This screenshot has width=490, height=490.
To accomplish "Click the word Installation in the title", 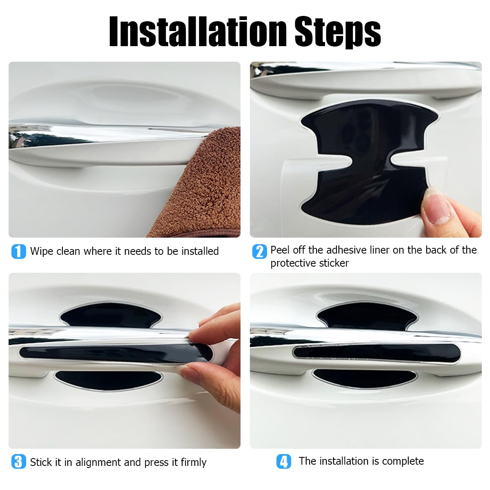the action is pyautogui.click(x=198, y=31).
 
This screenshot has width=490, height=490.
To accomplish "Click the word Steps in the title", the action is pyautogui.click(x=338, y=32).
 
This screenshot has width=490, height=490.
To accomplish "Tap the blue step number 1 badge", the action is pyautogui.click(x=19, y=251).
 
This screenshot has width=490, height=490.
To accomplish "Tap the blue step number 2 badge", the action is pyautogui.click(x=259, y=251).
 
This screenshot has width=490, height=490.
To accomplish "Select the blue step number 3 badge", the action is pyautogui.click(x=19, y=461).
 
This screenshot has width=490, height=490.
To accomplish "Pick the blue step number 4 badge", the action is pyautogui.click(x=283, y=461).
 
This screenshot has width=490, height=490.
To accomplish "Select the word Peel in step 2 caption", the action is pyautogui.click(x=280, y=250).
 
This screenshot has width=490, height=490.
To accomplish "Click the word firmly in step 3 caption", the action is pyautogui.click(x=193, y=462).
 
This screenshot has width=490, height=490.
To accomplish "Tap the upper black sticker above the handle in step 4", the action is pyautogui.click(x=367, y=315).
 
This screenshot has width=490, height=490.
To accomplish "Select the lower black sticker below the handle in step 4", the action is pyautogui.click(x=365, y=379).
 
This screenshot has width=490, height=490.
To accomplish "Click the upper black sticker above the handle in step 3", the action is pyautogui.click(x=110, y=315).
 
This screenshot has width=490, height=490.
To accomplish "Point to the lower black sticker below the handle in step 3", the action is pyautogui.click(x=108, y=380).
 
